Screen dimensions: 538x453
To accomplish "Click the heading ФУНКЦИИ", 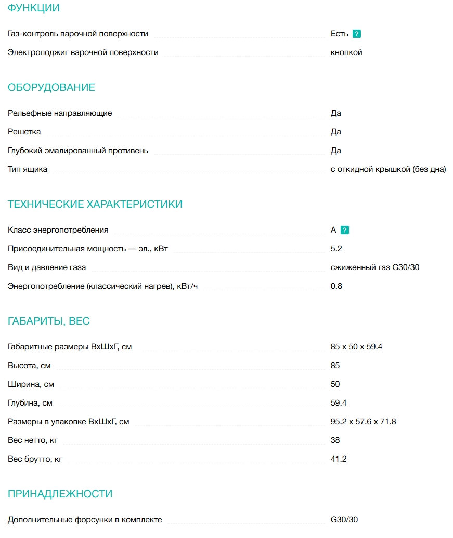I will click(x=34, y=8).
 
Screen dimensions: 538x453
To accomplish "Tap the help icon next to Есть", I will click(x=357, y=34).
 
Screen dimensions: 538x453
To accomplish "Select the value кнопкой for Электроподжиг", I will click(x=346, y=52).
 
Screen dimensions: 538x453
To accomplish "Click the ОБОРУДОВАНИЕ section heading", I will click(x=51, y=87).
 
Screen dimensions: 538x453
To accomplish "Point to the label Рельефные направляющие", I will click(x=60, y=113).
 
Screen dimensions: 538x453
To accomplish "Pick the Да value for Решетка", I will click(x=336, y=132).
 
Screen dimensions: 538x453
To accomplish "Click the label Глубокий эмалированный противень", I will click(x=78, y=151).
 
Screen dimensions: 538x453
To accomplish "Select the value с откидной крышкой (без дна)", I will click(x=388, y=169).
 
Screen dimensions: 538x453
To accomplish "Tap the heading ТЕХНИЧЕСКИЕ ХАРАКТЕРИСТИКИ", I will click(x=95, y=204).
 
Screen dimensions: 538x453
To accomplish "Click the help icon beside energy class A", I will click(x=345, y=230).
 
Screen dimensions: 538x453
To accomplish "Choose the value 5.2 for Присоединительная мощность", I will click(x=336, y=249).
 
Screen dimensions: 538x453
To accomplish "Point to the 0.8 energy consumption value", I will click(x=336, y=286).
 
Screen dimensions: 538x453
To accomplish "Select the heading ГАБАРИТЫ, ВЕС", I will click(x=49, y=321).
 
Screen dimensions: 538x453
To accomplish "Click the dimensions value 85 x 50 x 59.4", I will click(x=356, y=347).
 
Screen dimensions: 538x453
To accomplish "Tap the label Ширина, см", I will click(x=31, y=384).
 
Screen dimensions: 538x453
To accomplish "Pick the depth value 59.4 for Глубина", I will click(x=339, y=403).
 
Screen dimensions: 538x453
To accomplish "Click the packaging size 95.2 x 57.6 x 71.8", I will click(x=363, y=422).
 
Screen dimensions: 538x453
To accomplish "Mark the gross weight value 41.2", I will click(x=339, y=459).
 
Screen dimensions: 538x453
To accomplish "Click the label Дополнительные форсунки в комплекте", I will click(x=85, y=520).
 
